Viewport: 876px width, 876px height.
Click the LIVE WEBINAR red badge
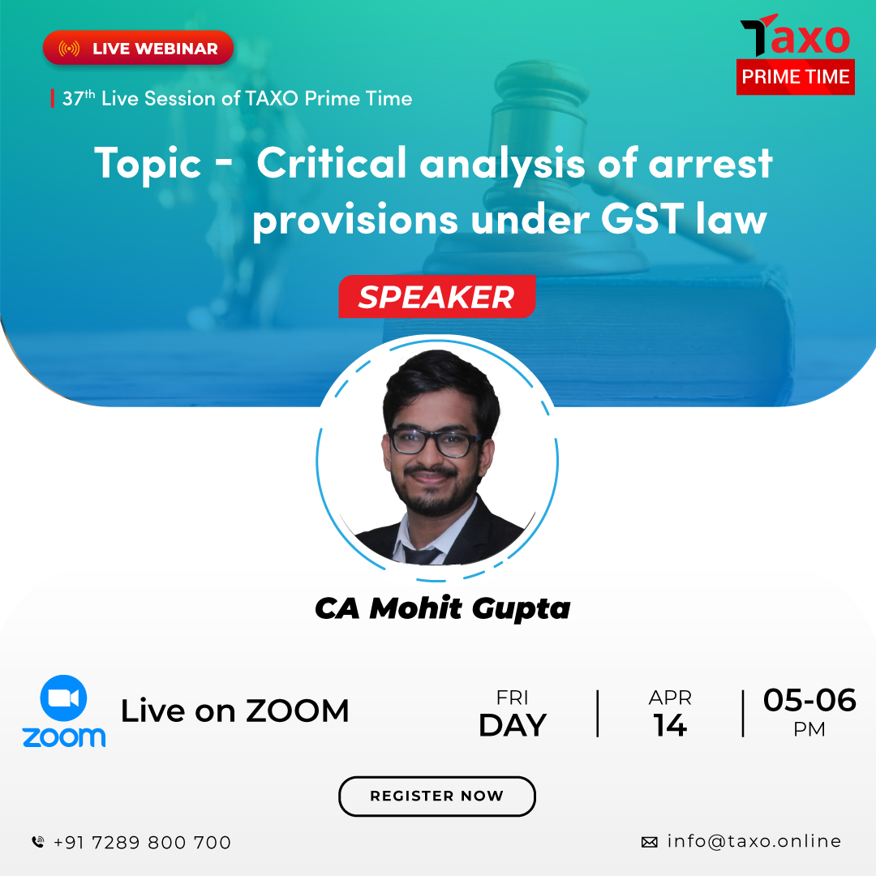pos(138,48)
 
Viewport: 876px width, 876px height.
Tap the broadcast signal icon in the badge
pos(69,49)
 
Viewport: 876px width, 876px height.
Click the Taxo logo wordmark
pos(795,35)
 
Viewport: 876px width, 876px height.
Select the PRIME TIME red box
pos(795,76)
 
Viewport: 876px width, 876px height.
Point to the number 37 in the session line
pos(73,99)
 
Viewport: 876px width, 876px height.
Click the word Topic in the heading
pos(148,163)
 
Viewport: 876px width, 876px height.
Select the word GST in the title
pos(642,218)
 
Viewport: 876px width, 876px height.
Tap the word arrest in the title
pos(710,164)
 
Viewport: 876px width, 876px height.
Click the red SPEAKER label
pos(437,297)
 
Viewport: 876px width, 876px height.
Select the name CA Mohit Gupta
pos(443,608)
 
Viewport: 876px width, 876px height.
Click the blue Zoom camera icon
pos(64,698)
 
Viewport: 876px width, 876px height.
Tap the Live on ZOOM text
pos(234,711)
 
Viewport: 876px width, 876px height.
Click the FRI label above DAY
pos(512,698)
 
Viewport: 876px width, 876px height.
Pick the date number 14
pos(670,725)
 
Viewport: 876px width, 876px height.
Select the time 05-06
pos(809,700)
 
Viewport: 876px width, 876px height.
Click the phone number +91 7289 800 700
pos(142,843)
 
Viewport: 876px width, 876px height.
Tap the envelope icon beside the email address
pos(649,842)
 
